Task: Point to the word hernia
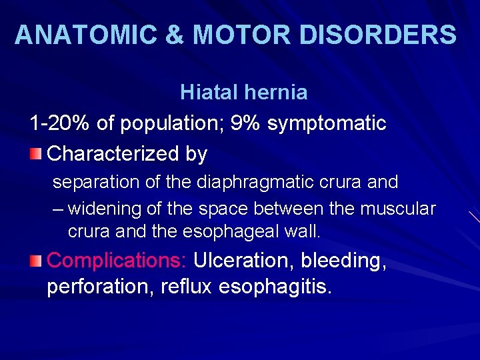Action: coord(275,93)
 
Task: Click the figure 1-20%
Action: coord(61,123)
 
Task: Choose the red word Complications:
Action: coord(117,261)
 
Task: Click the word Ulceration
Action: coord(253,261)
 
